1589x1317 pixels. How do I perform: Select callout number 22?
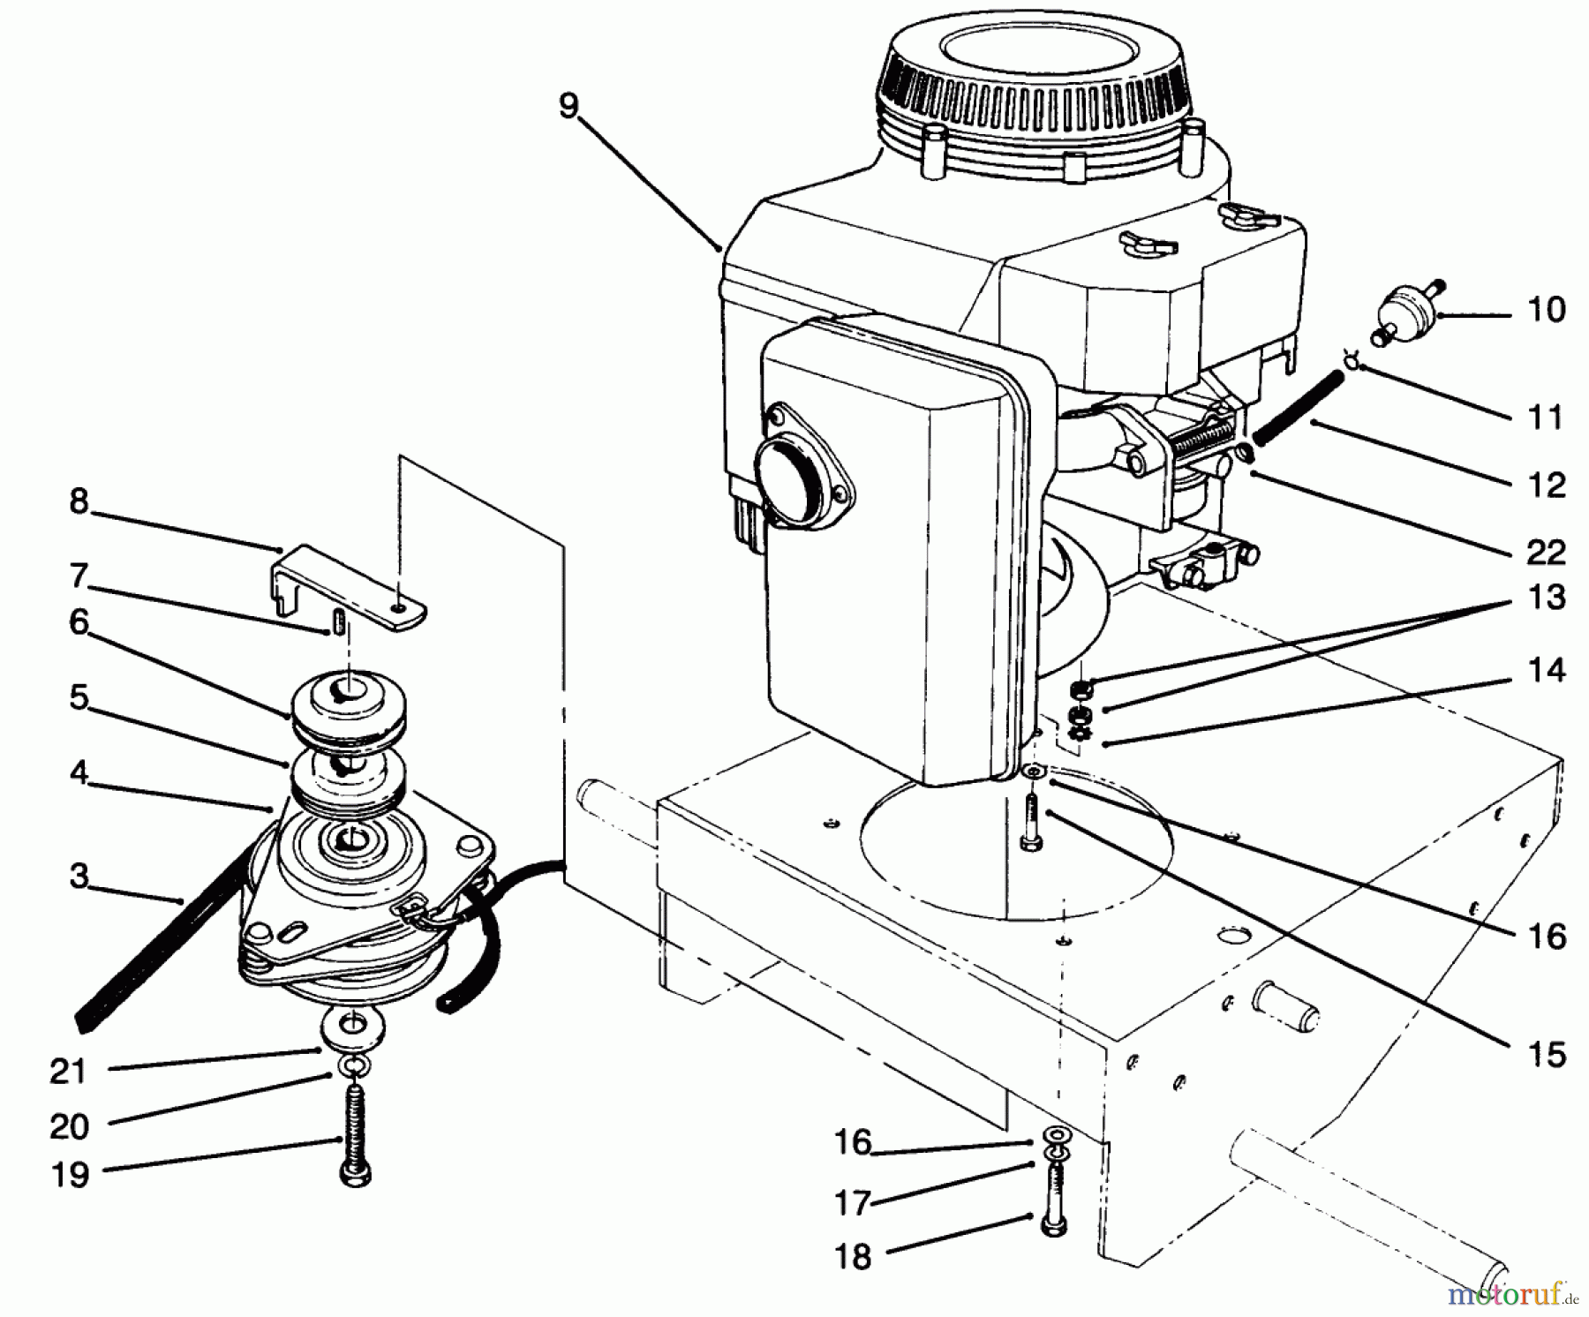1545,553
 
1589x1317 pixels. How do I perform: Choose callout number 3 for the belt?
79,877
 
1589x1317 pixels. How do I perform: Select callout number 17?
852,1202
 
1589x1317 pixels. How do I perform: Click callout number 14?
1545,670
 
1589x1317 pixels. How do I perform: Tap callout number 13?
1545,598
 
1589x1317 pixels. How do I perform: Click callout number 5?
79,697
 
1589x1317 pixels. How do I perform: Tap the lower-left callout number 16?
852,1142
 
